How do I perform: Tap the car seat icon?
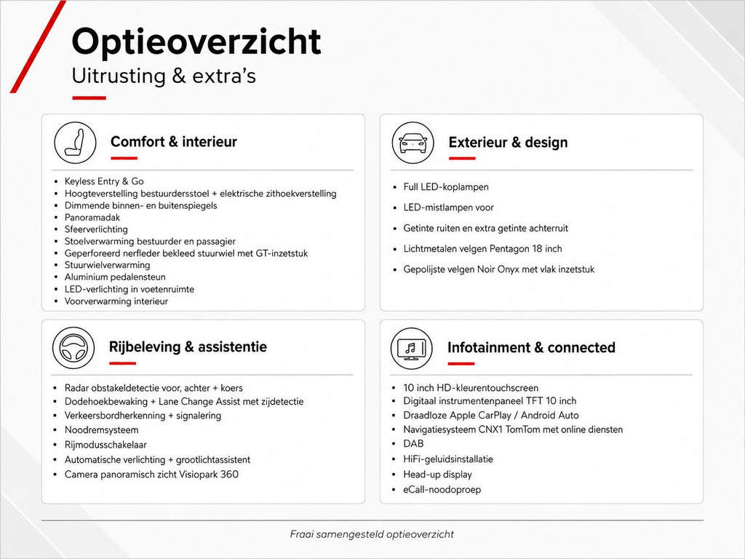(x=75, y=143)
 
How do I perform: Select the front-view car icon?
(x=413, y=143)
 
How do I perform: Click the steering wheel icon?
(x=73, y=348)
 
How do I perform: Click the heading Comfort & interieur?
(x=173, y=142)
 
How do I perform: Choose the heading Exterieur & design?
(x=508, y=142)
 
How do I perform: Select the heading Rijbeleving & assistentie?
(x=188, y=347)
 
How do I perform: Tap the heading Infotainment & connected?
(x=531, y=347)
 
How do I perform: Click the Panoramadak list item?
(x=92, y=217)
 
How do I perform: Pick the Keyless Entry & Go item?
(x=104, y=181)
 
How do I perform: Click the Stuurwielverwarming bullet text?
(x=108, y=265)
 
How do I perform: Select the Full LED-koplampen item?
(x=446, y=187)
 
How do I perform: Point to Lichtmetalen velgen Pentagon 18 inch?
(x=483, y=249)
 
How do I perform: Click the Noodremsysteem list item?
(x=102, y=429)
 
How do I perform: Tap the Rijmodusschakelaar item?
(x=105, y=445)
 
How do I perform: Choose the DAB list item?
(x=413, y=443)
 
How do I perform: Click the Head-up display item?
(x=437, y=475)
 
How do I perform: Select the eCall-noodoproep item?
(x=442, y=490)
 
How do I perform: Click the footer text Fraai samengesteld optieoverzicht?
(x=372, y=534)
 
